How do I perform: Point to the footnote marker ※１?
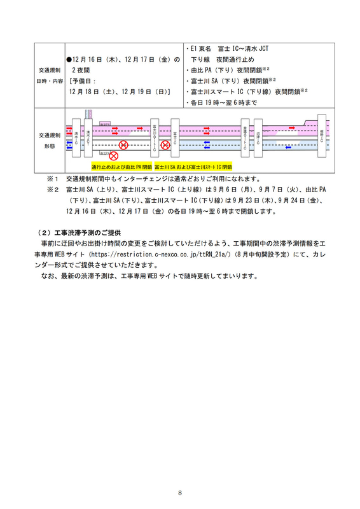point(53,179)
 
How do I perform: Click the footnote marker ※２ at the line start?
point(53,190)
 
